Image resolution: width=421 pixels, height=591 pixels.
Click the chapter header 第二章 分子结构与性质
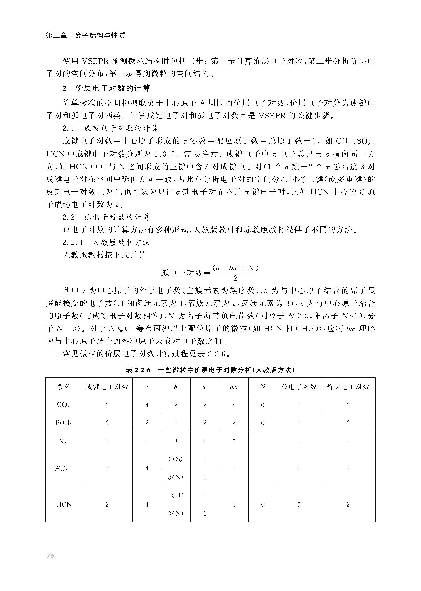pos(85,35)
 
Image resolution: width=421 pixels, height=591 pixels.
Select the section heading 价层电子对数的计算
pos(113,89)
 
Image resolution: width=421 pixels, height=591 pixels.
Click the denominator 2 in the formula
pos(235,278)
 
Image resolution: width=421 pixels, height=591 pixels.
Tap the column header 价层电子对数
pos(348,387)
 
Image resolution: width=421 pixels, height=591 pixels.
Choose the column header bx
pos(234,387)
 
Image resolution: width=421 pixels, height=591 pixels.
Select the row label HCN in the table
pos(64,504)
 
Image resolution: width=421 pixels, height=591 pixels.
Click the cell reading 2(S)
pos(176,459)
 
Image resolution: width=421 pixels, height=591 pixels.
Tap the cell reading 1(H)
pos(176,495)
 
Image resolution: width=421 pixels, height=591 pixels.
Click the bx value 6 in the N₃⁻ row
pos(234,441)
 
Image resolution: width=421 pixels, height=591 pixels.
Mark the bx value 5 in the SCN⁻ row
pos(234,468)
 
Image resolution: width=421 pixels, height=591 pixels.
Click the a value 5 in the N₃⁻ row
pos(147,441)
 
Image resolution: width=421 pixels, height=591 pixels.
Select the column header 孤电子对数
pos(299,387)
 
